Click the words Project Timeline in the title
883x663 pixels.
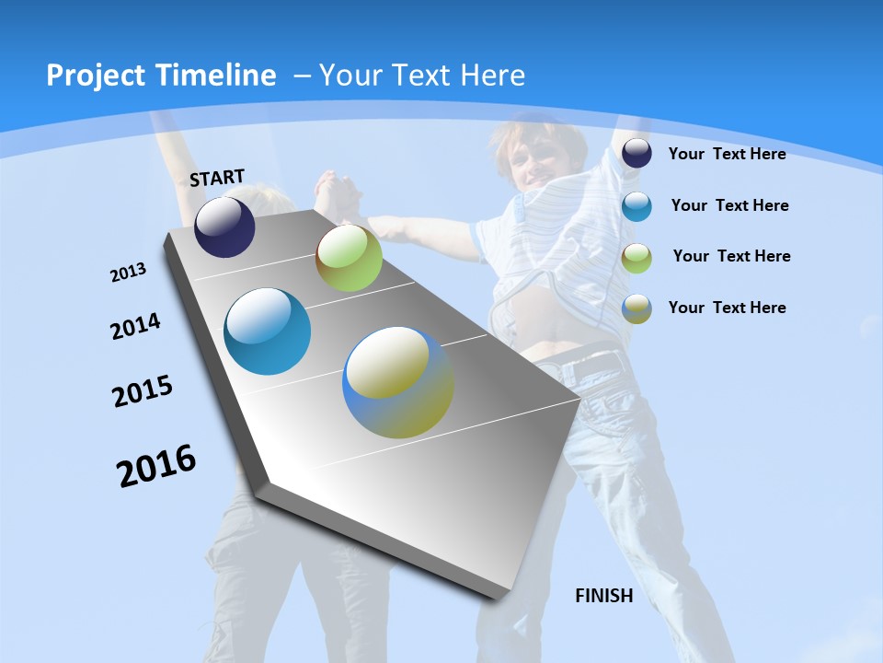[x=161, y=76]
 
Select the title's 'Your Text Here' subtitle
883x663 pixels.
[x=422, y=76]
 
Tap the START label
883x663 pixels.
[x=217, y=178]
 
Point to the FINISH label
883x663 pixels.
[x=604, y=596]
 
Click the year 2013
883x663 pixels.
[x=128, y=273]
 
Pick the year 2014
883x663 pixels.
[x=135, y=326]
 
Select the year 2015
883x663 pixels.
[x=143, y=391]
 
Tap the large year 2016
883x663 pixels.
[x=156, y=466]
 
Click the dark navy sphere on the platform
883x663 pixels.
[x=224, y=227]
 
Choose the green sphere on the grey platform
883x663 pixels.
[x=349, y=258]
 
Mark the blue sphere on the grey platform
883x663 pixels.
[x=268, y=331]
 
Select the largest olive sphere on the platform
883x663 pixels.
[x=398, y=382]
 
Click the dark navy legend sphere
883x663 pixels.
[x=636, y=154]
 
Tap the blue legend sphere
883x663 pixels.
[x=636, y=206]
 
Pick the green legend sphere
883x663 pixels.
[x=636, y=258]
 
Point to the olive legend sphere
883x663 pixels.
[x=636, y=308]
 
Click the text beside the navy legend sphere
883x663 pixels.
[x=727, y=154]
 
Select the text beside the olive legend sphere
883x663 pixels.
[x=727, y=308]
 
